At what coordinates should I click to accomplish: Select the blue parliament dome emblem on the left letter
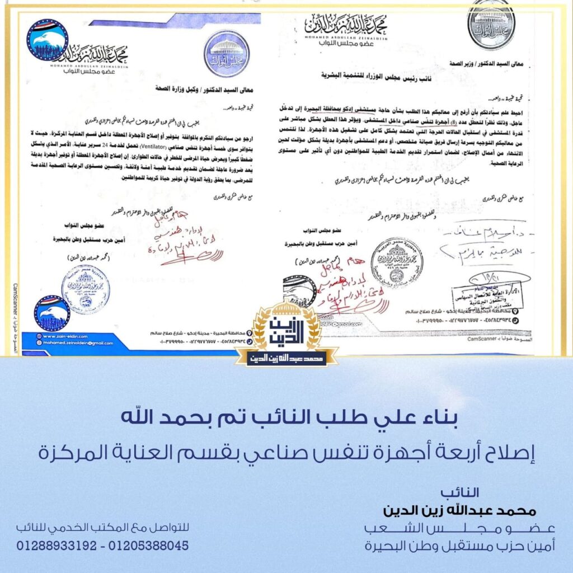[x=226, y=54]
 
